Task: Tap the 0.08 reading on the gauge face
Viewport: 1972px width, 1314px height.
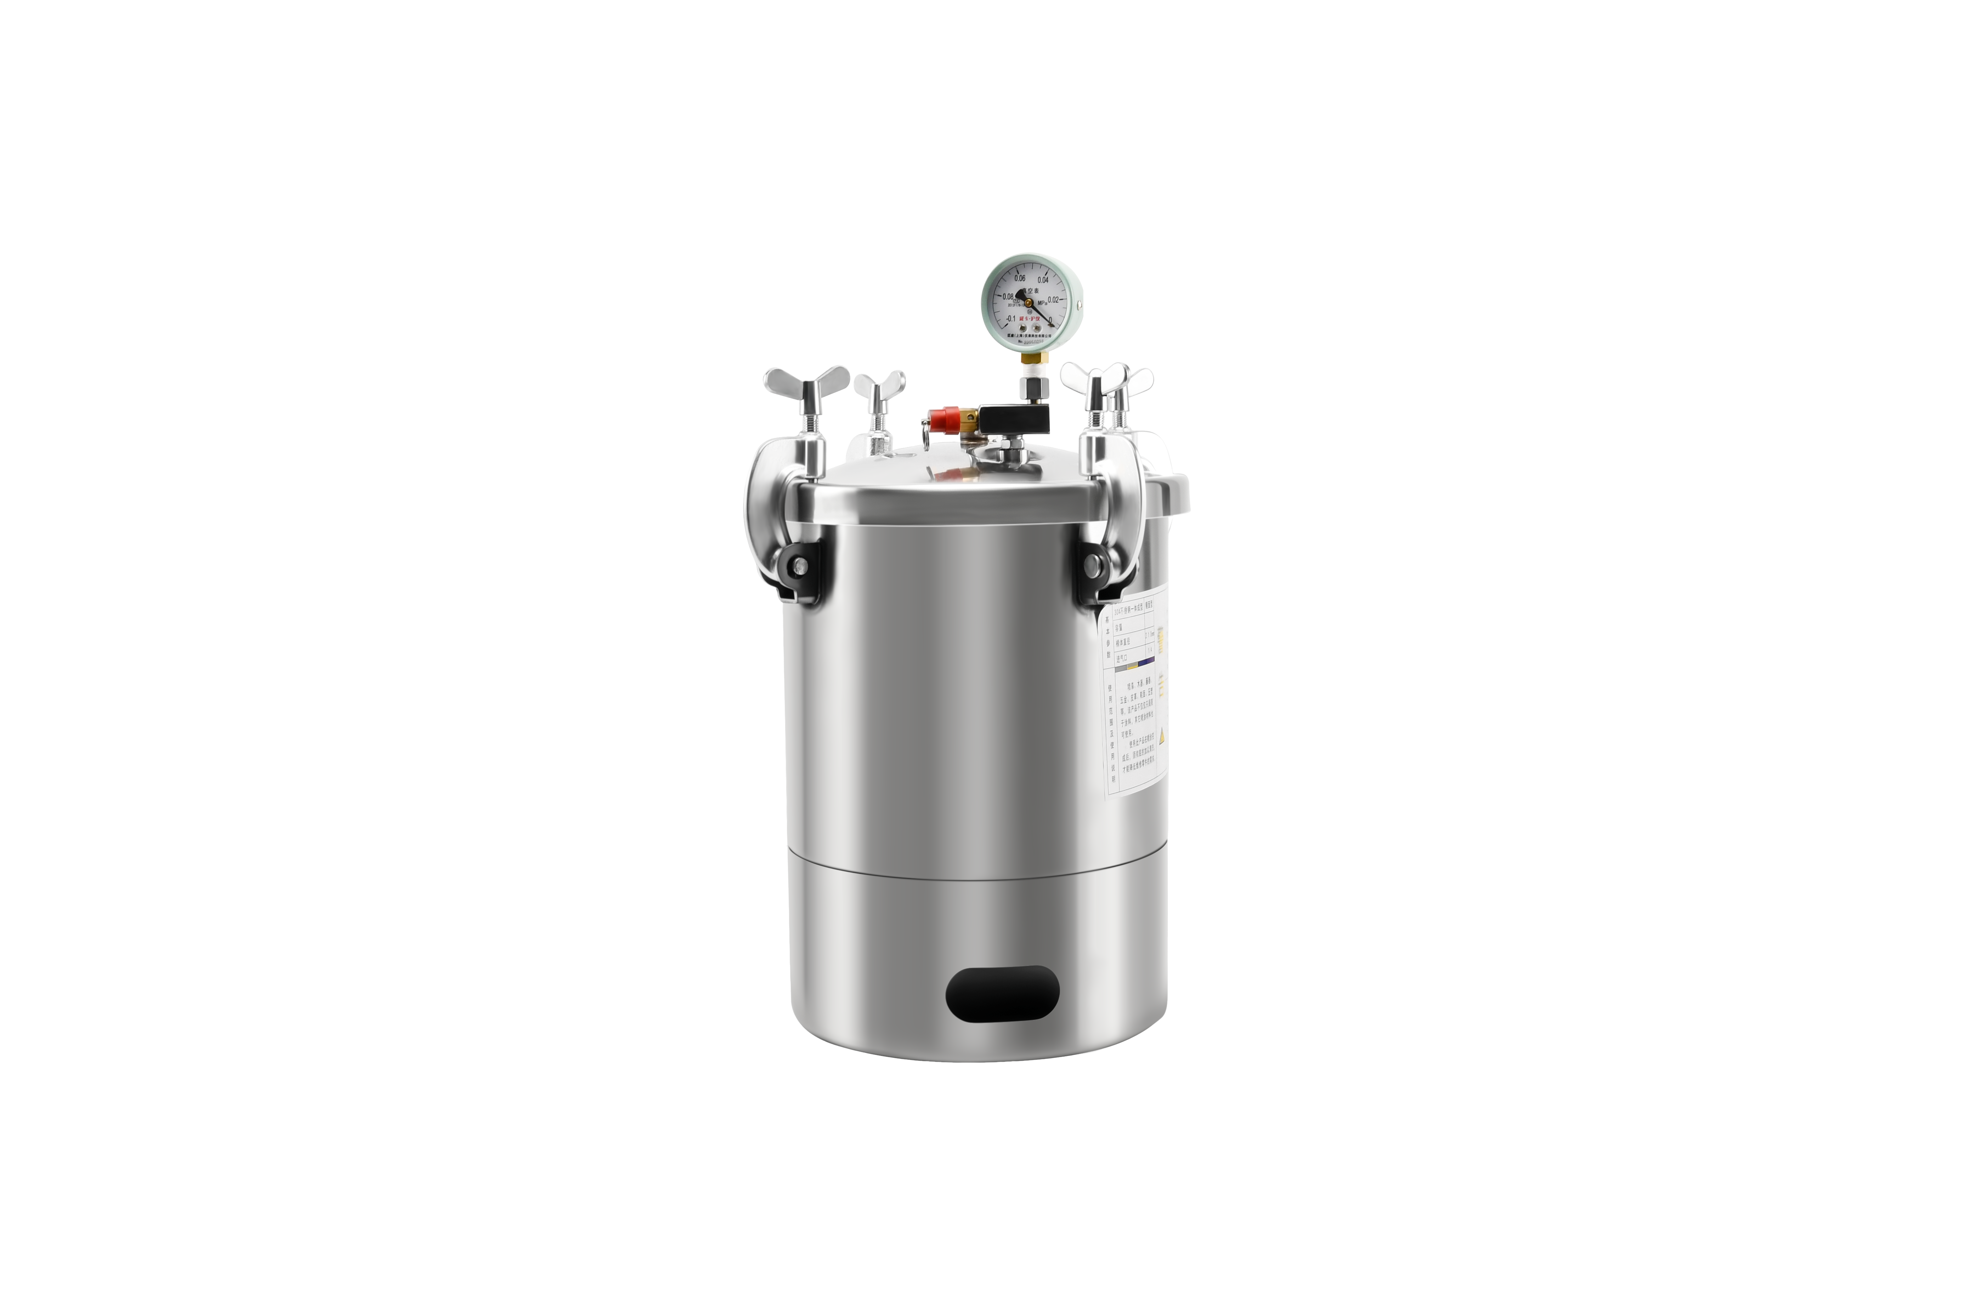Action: pyautogui.click(x=1009, y=297)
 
